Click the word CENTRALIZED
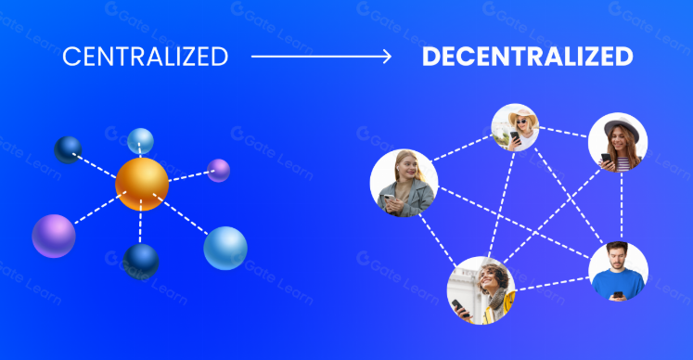click(146, 57)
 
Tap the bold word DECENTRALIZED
click(528, 57)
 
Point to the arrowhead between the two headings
click(387, 57)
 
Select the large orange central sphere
click(142, 184)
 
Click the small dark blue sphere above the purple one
click(68, 150)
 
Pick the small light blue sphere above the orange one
click(140, 141)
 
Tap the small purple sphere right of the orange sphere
click(218, 171)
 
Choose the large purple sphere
click(54, 237)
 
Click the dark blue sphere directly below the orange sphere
click(141, 262)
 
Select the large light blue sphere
click(225, 248)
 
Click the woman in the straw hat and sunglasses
click(515, 127)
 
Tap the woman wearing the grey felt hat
click(618, 142)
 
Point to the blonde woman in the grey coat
click(404, 183)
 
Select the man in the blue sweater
click(618, 271)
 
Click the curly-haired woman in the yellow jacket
click(481, 290)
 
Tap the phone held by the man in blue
click(618, 294)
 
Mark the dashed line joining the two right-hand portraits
click(622, 207)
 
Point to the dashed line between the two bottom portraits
click(552, 284)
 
